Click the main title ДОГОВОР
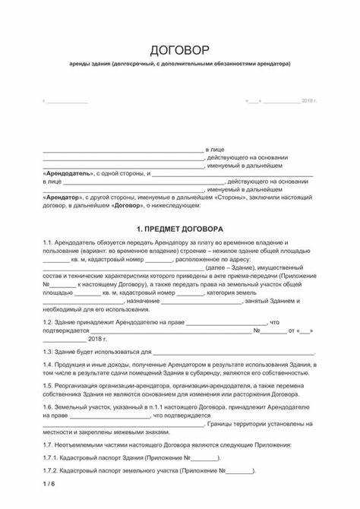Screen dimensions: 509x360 (x=179, y=51)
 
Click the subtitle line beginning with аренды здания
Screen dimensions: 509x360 (x=179, y=65)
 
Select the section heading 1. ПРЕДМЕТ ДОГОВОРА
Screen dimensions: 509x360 (x=179, y=228)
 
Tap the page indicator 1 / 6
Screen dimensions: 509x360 (x=49, y=484)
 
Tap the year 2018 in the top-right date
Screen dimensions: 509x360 (x=307, y=100)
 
